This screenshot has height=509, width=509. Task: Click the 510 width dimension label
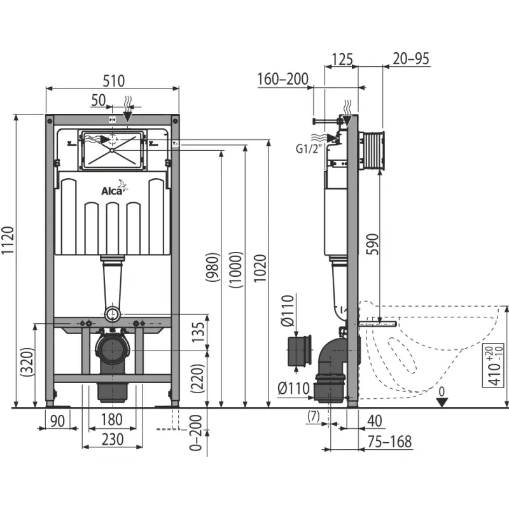[x=112, y=80]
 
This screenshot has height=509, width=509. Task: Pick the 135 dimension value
[x=199, y=332]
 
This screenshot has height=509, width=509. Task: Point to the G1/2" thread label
[x=310, y=149]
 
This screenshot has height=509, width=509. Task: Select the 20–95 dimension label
[x=411, y=59]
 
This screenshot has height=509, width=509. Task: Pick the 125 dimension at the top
[x=342, y=59]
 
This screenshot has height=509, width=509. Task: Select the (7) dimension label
[x=313, y=416]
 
